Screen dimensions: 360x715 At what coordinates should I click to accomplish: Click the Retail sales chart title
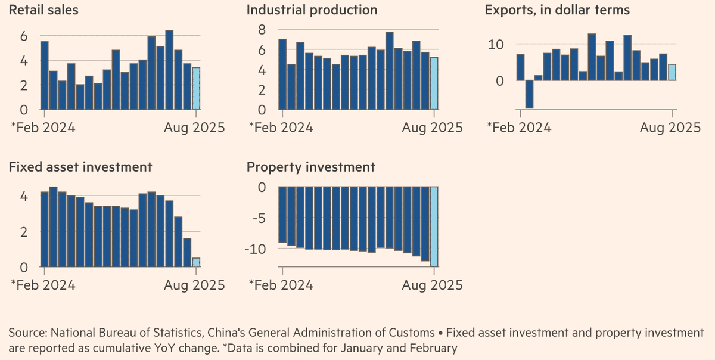43,10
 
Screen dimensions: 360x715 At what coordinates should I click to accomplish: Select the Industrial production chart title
312,10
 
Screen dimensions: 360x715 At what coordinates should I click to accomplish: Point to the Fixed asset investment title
80,167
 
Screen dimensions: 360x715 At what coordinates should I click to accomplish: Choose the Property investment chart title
311,167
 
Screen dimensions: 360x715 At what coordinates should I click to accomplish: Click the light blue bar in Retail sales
197,88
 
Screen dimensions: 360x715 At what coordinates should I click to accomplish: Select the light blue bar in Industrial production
434,83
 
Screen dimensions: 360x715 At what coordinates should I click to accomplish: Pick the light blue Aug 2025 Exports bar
672,72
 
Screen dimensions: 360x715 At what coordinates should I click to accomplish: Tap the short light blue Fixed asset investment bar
197,262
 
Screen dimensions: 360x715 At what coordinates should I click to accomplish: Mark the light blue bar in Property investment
434,226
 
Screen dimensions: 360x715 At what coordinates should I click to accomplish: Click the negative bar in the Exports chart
529,94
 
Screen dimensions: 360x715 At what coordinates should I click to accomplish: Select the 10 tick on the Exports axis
496,45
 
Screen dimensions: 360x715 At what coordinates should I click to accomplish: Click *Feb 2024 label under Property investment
281,285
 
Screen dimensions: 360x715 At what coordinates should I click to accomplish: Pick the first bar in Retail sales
45,75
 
